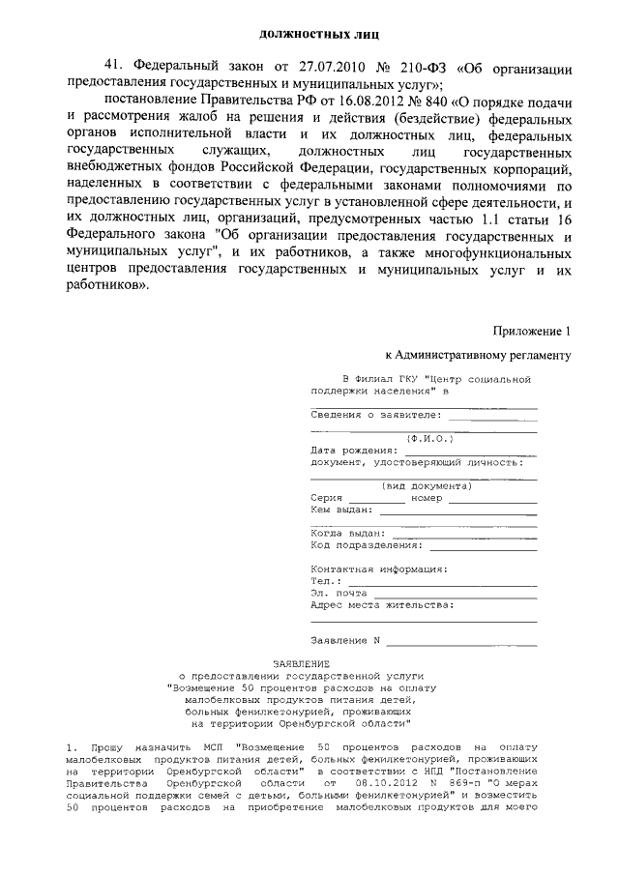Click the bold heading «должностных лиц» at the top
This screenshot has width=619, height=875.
pos(309,34)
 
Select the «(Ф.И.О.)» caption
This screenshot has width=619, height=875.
pos(423,438)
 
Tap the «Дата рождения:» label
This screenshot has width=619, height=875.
pos(354,450)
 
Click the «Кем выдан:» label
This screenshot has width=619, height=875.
pos(341,509)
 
